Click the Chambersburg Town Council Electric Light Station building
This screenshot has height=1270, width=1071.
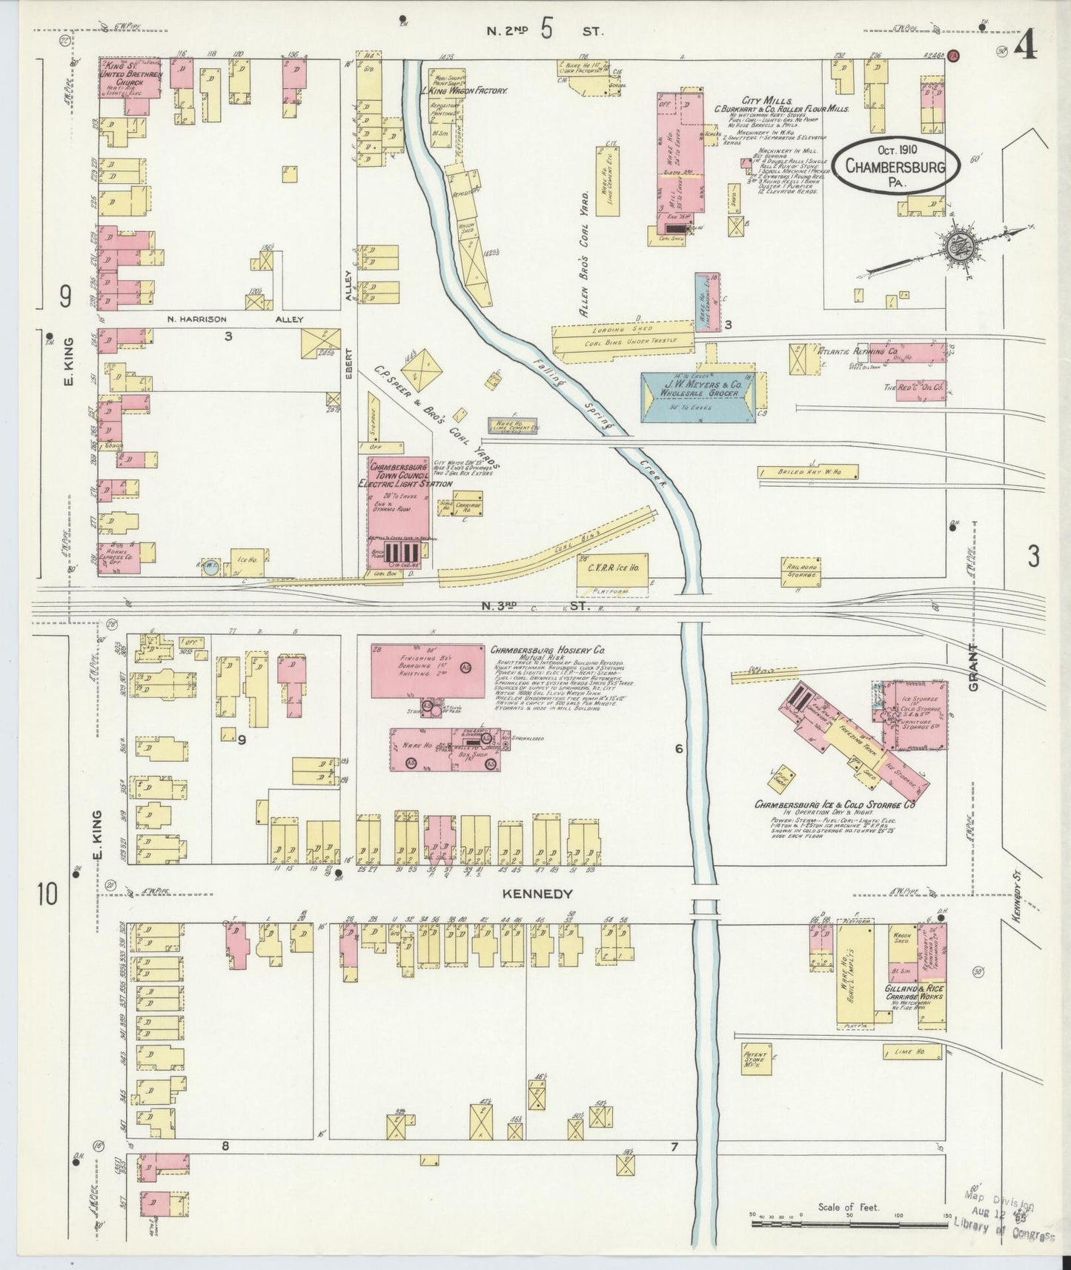coord(398,511)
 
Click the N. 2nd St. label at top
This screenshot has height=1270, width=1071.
coord(546,31)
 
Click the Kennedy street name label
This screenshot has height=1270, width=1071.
coord(537,894)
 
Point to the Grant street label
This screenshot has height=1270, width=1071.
coord(973,668)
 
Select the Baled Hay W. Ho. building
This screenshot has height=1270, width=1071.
coord(808,471)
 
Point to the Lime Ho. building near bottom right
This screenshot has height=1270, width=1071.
coord(912,1051)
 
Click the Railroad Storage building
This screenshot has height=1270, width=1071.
coord(800,569)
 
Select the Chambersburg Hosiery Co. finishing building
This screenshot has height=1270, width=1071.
coord(417,670)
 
